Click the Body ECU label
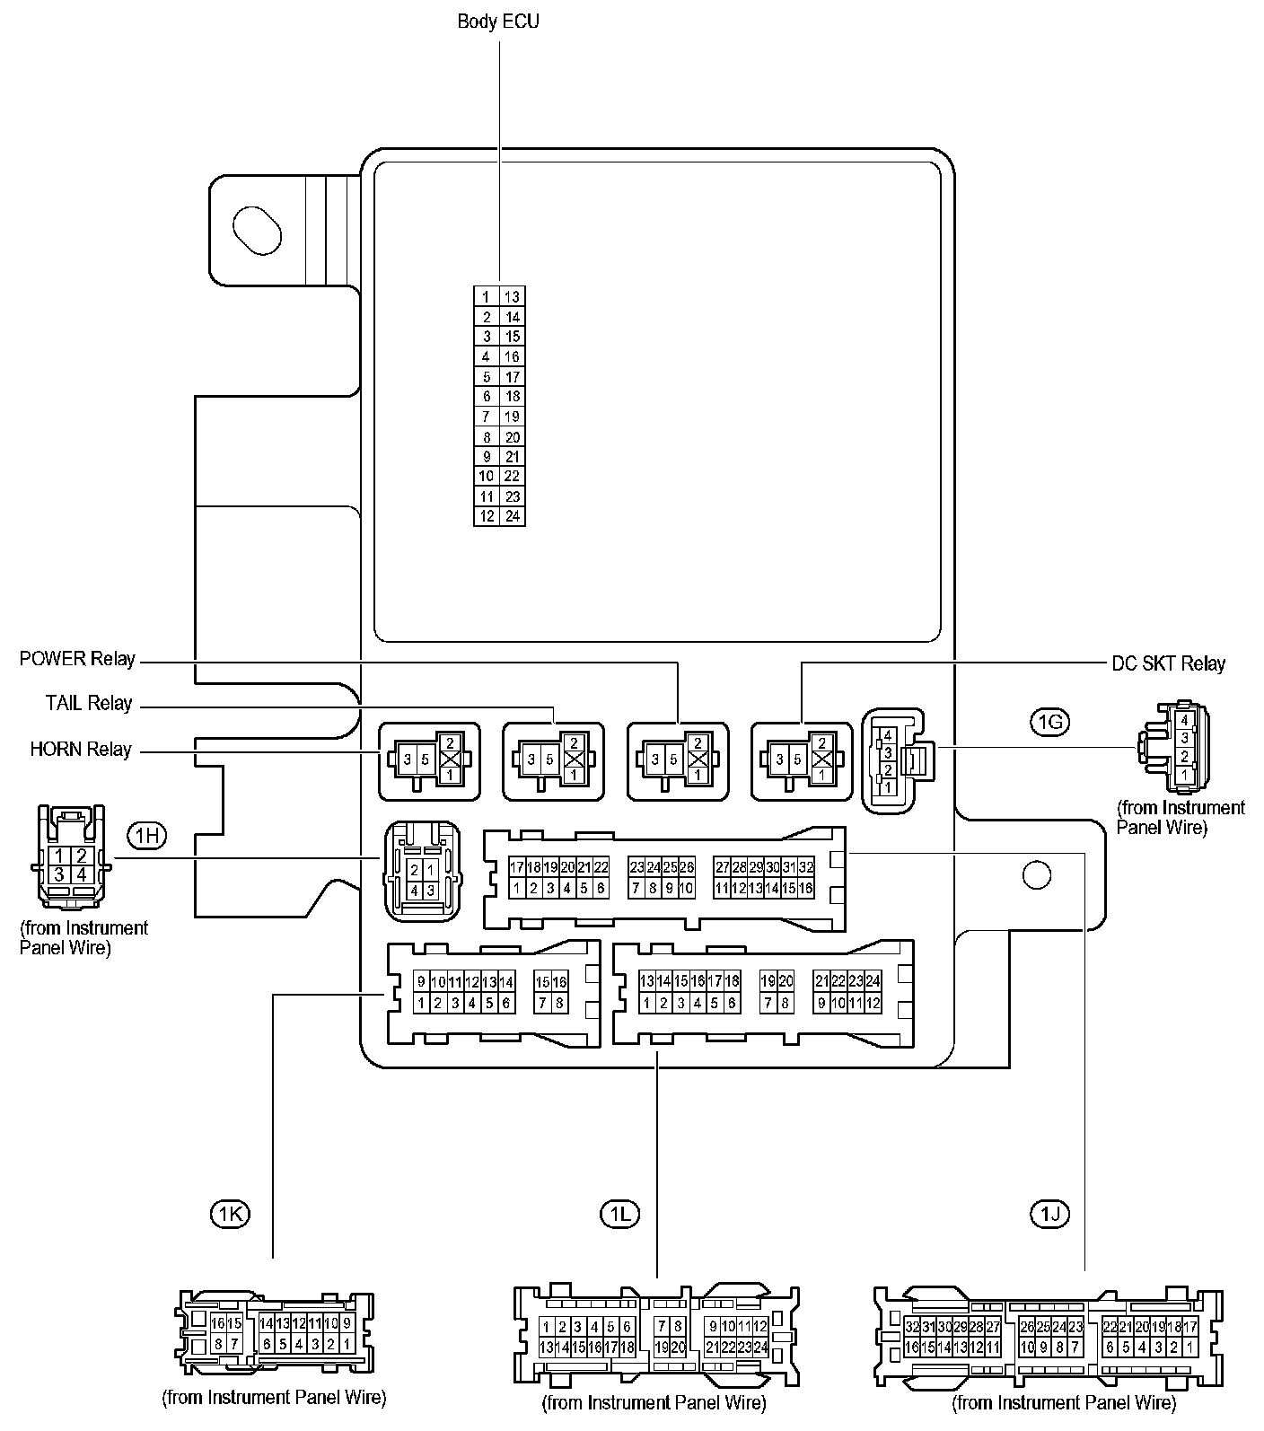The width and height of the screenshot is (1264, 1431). pos(498,21)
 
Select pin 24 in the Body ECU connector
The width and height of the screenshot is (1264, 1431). pos(513,516)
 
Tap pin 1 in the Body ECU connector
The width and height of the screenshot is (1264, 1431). pos(486,297)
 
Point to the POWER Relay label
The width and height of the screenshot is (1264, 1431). pos(77,660)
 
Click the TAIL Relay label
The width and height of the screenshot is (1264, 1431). pos(89,703)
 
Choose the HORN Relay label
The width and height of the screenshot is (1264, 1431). pos(81,749)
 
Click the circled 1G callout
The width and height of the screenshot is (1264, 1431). pos(1049,721)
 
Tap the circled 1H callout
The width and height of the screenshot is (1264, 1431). pos(147,836)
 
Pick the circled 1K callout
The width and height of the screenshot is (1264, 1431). pos(229,1215)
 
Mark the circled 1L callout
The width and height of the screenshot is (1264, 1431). pos(619,1215)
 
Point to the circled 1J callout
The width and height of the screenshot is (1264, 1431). pos(1049,1215)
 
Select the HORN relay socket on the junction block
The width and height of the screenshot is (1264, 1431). pos(428,760)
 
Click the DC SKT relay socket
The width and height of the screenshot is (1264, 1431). pos(801,760)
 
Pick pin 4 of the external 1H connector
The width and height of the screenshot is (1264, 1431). pos(81,874)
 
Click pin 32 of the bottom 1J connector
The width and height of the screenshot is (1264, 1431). pos(912,1327)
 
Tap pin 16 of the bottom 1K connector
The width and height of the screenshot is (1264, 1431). pos(217,1323)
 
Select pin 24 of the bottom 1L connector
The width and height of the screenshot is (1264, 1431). pos(761,1347)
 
